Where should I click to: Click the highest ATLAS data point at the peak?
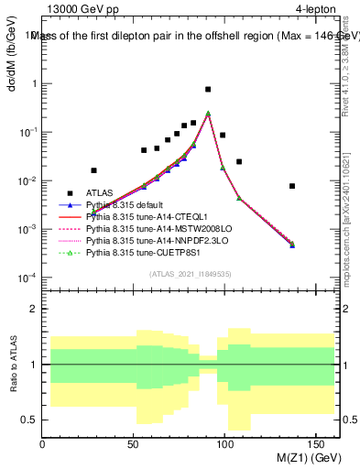[x=208, y=90]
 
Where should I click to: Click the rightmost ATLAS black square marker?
[x=292, y=186]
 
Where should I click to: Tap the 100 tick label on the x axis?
[x=226, y=443]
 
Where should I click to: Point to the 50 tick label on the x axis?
[x=134, y=443]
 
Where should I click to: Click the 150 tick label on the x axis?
[x=318, y=443]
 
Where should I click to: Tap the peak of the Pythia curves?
[x=208, y=114]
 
